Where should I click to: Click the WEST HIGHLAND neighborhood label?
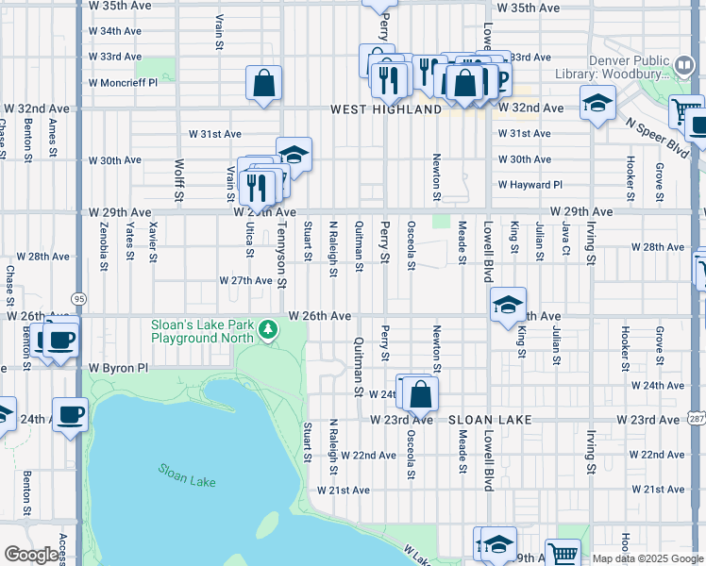pos(386,109)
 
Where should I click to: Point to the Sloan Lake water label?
pos(187,474)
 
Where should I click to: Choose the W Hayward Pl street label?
pos(530,185)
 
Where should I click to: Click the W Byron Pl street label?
pos(119,367)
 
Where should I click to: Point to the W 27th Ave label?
pos(245,281)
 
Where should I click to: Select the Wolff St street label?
pos(179,181)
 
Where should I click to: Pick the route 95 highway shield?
pos(78,298)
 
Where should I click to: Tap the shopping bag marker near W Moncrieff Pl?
pos(264,83)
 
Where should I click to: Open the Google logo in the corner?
pos(32,555)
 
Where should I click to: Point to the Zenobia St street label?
pos(104,244)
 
